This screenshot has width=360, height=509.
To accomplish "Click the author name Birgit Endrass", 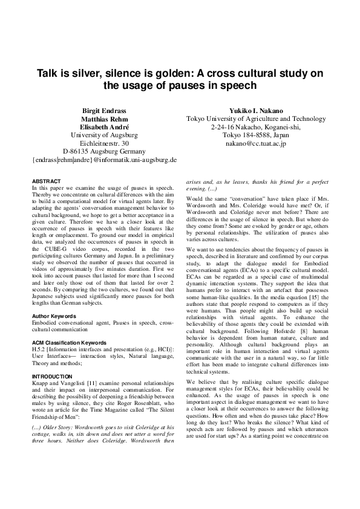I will coord(104,112).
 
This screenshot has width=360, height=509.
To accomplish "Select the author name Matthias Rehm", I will coord(104,120).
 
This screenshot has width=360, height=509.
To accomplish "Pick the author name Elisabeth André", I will coord(104,128).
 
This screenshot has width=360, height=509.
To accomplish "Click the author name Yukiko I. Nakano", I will coord(257,112).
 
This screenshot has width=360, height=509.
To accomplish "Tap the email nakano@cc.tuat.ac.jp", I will coord(257,144).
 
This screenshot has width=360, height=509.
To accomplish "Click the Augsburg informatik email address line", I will coord(104,160).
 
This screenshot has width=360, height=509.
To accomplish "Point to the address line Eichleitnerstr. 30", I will coord(104,144).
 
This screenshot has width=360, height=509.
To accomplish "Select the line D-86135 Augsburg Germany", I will coord(104,152).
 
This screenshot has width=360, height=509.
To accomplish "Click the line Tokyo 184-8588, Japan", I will coord(257,135).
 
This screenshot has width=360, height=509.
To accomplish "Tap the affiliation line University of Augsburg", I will coord(104,135).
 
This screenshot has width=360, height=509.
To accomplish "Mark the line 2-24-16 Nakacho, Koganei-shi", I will coord(257,128).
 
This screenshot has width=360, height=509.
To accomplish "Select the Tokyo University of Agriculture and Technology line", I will coord(257,120).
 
